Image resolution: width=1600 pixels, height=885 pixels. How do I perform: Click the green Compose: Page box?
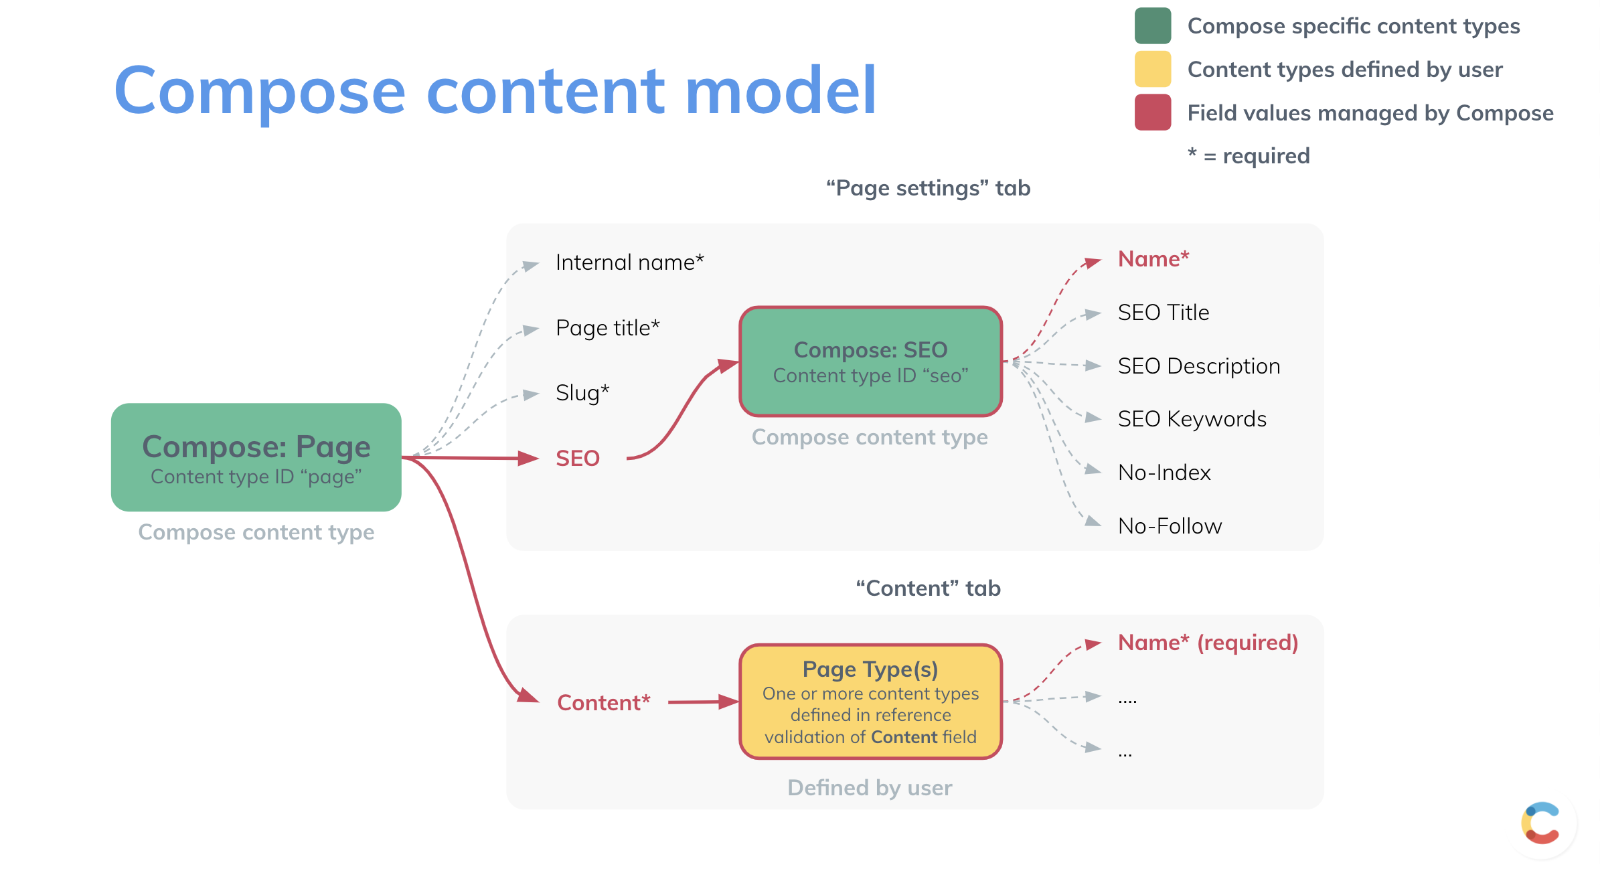tap(256, 457)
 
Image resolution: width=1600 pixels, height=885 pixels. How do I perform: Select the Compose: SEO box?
tap(870, 361)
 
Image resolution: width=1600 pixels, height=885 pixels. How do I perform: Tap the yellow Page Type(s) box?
tap(870, 702)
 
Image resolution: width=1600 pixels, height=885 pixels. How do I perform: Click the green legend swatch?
tap(1152, 26)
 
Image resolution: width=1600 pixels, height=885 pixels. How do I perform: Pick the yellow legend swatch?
tap(1152, 70)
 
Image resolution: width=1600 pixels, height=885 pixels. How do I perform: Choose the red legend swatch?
tap(1152, 112)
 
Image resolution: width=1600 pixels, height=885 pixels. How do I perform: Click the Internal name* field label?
tap(629, 262)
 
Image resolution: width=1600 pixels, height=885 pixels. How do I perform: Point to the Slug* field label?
tap(582, 393)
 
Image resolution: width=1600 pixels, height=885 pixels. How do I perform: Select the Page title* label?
tap(607, 328)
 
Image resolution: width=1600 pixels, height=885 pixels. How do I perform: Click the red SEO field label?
tap(577, 459)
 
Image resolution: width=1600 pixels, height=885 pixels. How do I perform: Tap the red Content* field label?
tap(603, 703)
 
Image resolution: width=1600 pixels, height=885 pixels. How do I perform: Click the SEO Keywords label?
tap(1192, 419)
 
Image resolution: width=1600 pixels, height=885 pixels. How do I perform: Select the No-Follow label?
tap(1170, 526)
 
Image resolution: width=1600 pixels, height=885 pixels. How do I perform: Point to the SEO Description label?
tap(1198, 366)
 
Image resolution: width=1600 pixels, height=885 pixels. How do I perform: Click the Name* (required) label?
tap(1208, 643)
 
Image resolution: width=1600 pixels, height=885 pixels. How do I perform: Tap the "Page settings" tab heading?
tap(928, 188)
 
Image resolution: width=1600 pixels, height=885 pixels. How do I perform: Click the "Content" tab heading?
tap(928, 588)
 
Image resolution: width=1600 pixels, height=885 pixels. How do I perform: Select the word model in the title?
tap(780, 90)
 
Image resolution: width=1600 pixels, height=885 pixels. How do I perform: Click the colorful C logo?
tap(1541, 823)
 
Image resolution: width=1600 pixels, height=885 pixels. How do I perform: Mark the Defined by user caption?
tap(869, 788)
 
